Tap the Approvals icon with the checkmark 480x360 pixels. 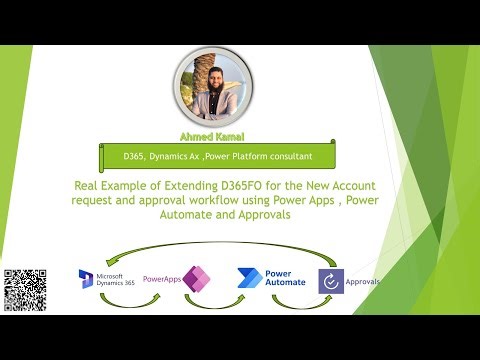(x=331, y=281)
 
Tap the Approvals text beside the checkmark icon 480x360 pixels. (x=364, y=282)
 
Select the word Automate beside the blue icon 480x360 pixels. (x=287, y=284)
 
